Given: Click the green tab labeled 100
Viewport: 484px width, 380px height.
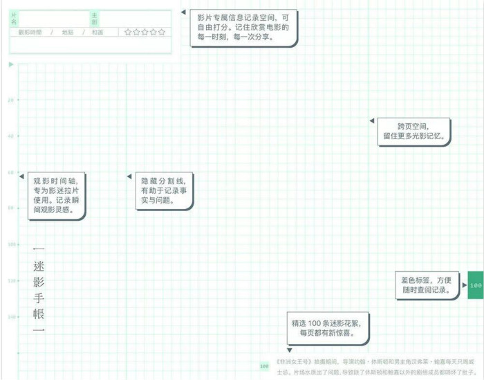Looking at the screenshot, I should pyautogui.click(x=475, y=285).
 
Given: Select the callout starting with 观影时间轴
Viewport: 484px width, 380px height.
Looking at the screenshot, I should pyautogui.click(x=57, y=196).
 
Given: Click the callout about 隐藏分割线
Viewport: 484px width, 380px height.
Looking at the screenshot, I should pyautogui.click(x=164, y=190).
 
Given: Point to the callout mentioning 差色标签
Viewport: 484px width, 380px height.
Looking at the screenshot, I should pyautogui.click(x=426, y=285).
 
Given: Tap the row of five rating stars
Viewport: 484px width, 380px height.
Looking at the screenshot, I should pyautogui.click(x=145, y=32).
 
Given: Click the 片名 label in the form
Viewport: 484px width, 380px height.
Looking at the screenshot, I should pyautogui.click(x=15, y=19).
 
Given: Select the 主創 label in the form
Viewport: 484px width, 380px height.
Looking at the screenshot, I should pyautogui.click(x=95, y=19).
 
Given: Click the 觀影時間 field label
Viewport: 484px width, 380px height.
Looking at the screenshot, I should pyautogui.click(x=30, y=32).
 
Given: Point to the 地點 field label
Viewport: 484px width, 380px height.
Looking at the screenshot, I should pyautogui.click(x=67, y=32).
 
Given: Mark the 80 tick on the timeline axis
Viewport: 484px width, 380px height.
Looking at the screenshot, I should pyautogui.click(x=10, y=208).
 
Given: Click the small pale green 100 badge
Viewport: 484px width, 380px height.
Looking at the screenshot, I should pyautogui.click(x=264, y=365).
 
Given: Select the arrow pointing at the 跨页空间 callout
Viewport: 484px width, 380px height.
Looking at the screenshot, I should pyautogui.click(x=372, y=121).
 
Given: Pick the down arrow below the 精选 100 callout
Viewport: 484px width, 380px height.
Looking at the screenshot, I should pyautogui.click(x=290, y=350).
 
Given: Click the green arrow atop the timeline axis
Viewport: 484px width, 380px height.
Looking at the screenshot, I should pyautogui.click(x=10, y=65).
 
